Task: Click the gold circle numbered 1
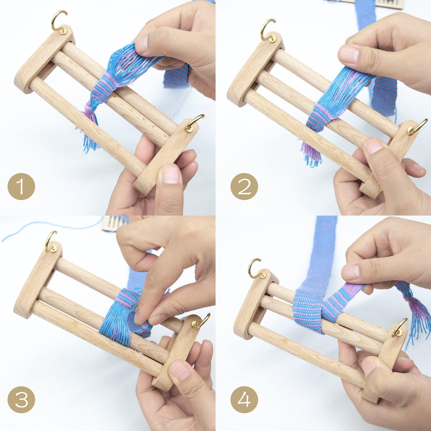pyautogui.click(x=21, y=186)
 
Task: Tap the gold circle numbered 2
pyautogui.click(x=244, y=186)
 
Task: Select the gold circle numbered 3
pyautogui.click(x=21, y=400)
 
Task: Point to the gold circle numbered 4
pyautogui.click(x=244, y=400)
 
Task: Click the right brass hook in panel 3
pyautogui.click(x=203, y=321)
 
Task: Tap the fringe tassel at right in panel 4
pyautogui.click(x=417, y=316)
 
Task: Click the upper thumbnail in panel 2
pyautogui.click(x=349, y=54)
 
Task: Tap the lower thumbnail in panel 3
pyautogui.click(x=180, y=371)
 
